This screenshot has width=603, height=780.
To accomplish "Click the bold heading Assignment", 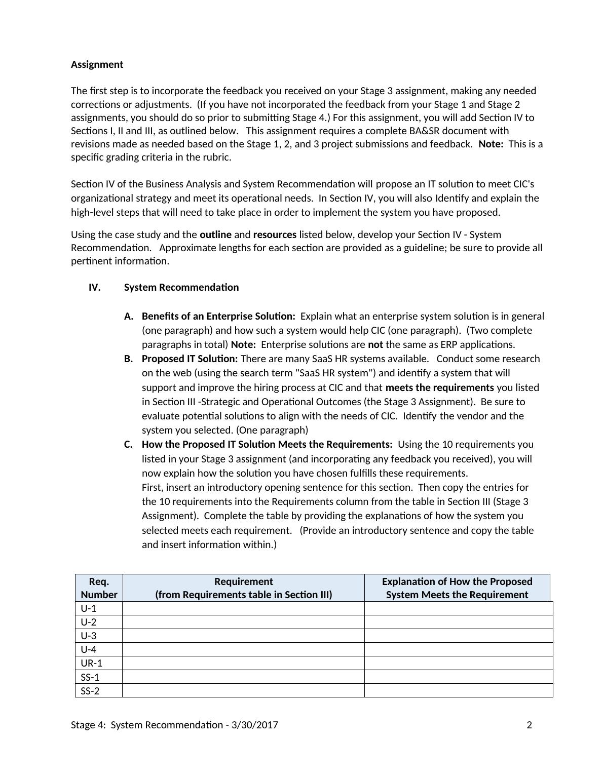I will coord(97,64).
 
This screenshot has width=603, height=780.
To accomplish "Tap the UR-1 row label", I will coord(91,663).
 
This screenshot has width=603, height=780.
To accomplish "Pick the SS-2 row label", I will coord(90,690).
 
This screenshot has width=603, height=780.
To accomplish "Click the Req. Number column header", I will coord(99,588).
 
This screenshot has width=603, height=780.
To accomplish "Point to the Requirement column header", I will coord(243,588).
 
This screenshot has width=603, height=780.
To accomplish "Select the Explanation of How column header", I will coord(457,588).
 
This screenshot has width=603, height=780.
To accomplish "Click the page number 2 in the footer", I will coord(530,725).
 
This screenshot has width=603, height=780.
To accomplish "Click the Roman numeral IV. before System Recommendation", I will coord(95,287).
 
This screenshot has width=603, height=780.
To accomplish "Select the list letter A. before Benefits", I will coord(129,316).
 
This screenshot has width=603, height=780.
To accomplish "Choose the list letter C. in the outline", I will coord(129,444).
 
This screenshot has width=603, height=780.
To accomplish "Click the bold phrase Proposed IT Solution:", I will coord(190,359).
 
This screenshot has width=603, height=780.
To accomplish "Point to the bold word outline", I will coord(215,235).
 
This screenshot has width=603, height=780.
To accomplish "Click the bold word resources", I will coord(275,235).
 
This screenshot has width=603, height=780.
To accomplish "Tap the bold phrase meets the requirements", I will coord(439,387).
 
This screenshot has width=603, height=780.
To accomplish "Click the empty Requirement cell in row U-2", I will coord(243,622).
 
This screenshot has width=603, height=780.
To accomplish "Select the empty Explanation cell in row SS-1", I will coord(458,677).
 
